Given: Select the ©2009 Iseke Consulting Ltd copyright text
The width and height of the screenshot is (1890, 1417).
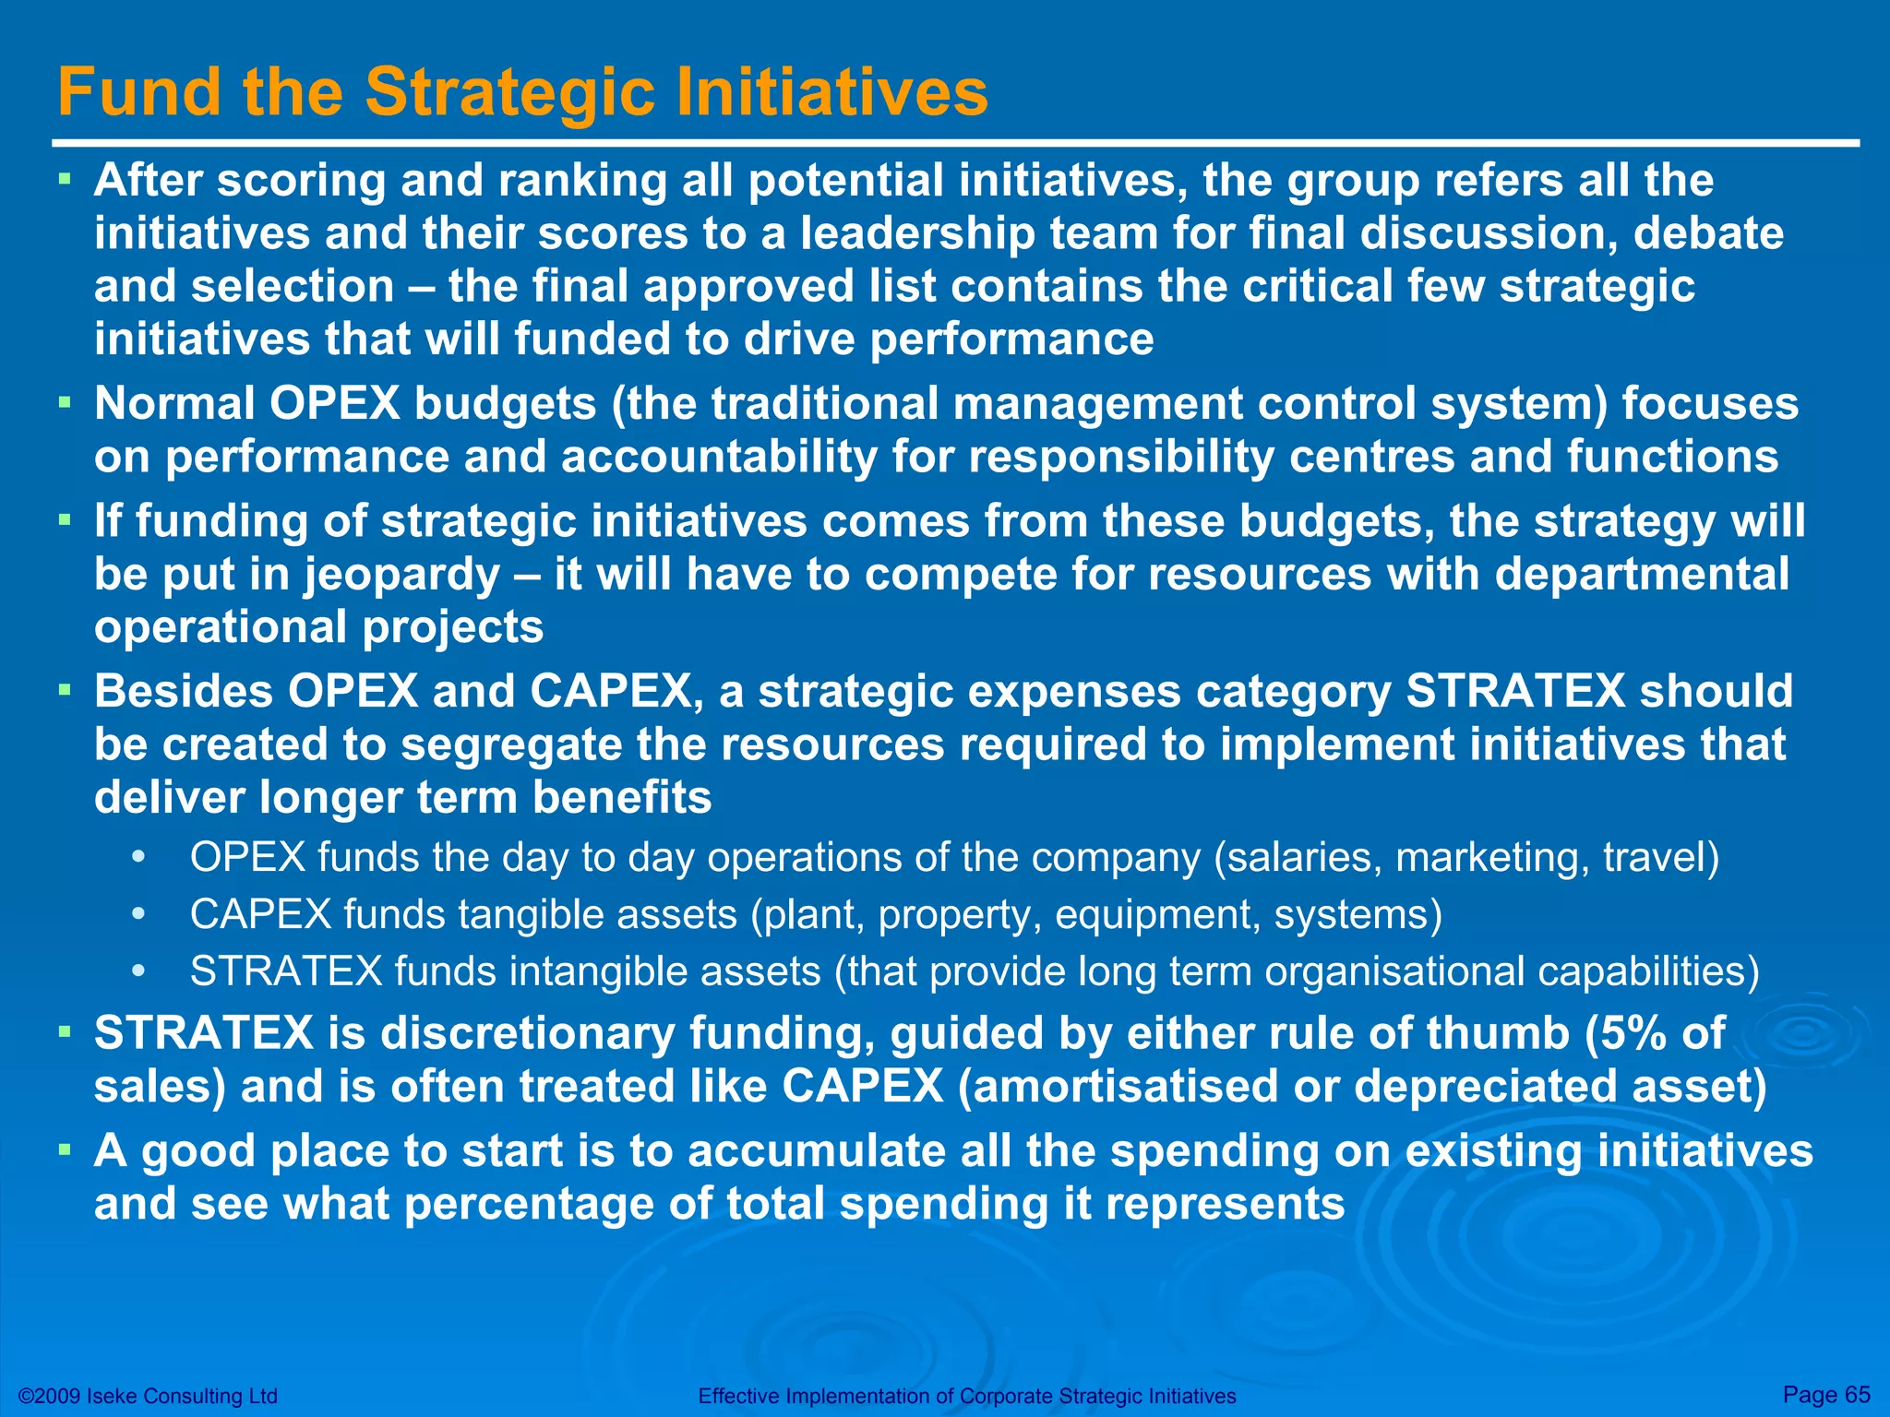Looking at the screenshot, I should tap(148, 1396).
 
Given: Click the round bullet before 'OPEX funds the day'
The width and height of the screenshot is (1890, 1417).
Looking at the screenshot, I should tap(138, 858).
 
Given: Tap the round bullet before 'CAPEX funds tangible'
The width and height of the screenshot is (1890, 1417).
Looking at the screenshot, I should tap(138, 915).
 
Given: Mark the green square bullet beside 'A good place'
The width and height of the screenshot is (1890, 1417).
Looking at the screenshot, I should tap(64, 1149).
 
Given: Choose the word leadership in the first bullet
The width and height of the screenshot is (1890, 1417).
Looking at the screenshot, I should tap(917, 233).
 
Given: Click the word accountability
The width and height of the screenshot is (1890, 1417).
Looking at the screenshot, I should tap(719, 458).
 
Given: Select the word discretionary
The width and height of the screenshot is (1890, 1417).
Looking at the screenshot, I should tap(528, 1033).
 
